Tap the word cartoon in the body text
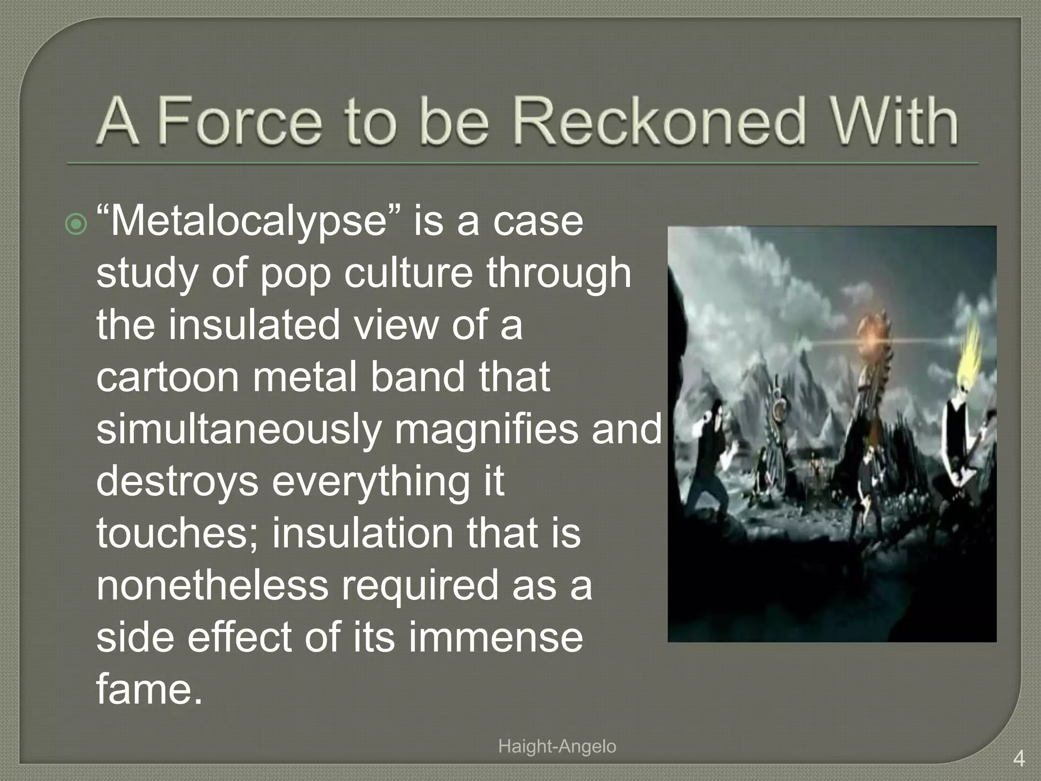(168, 377)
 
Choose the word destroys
(177, 481)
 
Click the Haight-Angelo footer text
(557, 746)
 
